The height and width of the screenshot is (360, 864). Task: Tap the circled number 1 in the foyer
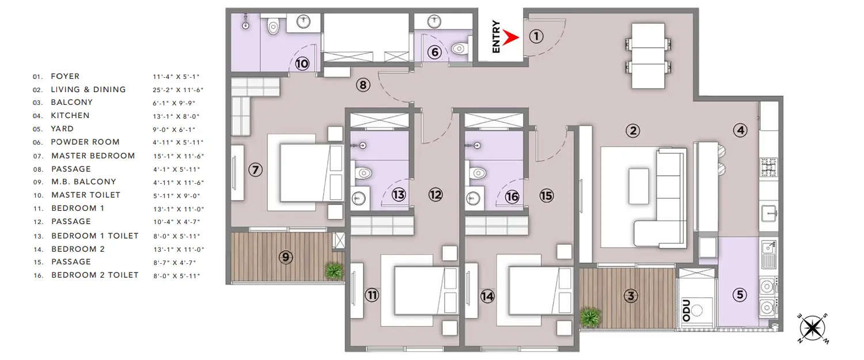[536, 37]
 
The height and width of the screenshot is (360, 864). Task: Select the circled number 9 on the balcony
[286, 257]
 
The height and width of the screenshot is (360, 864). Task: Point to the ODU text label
[686, 309]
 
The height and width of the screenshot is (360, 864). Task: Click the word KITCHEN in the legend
[70, 116]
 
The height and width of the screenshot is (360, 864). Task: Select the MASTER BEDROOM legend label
[93, 156]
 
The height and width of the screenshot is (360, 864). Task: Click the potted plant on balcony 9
[333, 270]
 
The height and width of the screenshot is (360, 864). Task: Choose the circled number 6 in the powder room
[435, 52]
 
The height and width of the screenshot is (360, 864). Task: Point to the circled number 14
[488, 296]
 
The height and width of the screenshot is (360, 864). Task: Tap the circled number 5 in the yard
[740, 295]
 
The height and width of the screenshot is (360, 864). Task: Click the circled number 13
[398, 195]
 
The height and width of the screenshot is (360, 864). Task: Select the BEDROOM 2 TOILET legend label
[95, 275]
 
